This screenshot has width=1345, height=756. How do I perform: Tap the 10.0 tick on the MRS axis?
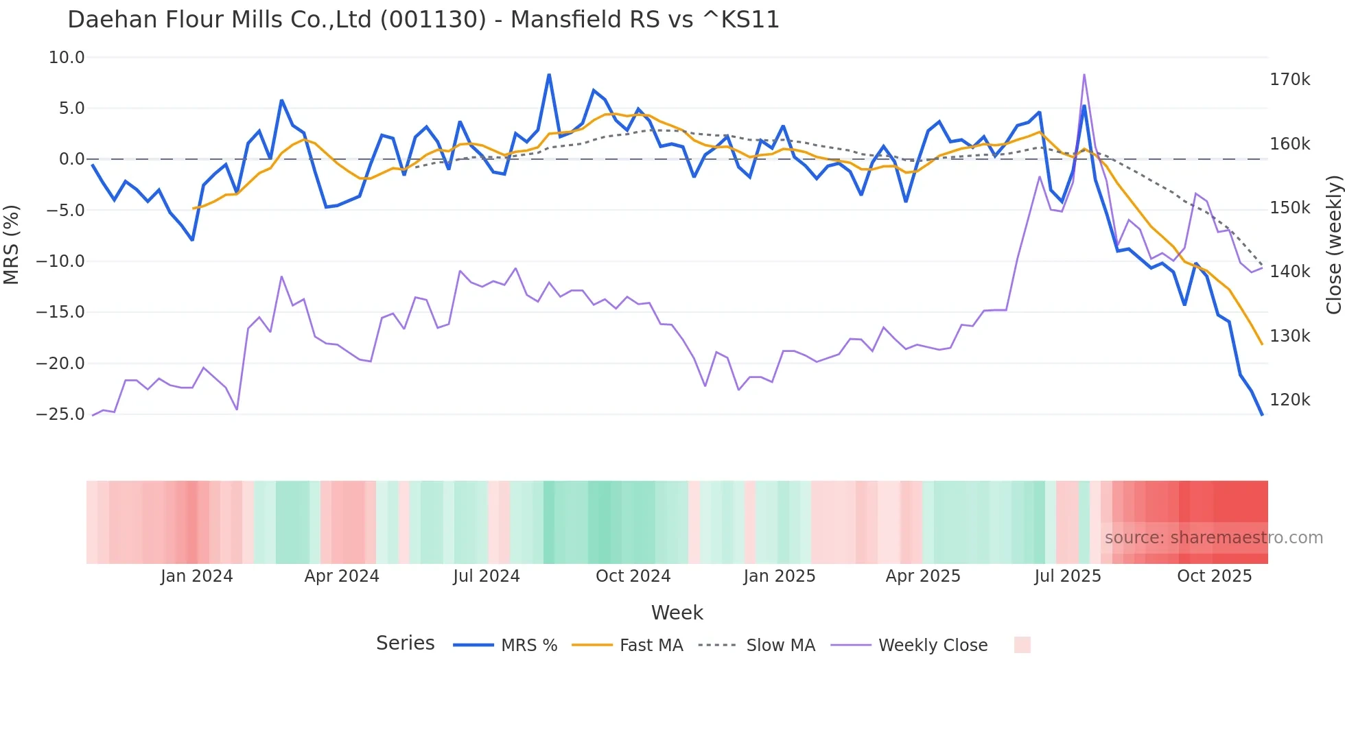coord(67,58)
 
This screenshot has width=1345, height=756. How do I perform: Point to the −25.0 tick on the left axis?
coord(60,414)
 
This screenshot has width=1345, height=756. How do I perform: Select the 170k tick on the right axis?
coord(1289,80)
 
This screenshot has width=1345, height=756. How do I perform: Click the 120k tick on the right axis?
coord(1289,400)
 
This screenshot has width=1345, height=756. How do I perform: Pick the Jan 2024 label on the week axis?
coord(196,576)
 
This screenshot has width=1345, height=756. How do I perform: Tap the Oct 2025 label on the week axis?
coord(1214,576)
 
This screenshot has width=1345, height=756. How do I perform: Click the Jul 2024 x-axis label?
coord(486,576)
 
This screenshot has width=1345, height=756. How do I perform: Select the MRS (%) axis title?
coord(12,244)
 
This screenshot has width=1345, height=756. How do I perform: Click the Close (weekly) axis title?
coord(1333,244)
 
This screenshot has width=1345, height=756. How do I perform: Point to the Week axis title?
coord(677,613)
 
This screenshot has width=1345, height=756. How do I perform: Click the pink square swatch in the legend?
coord(1022,645)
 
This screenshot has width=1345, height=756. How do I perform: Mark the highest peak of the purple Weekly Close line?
coord(1084,75)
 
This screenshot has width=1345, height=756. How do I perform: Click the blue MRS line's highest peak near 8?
coord(549,75)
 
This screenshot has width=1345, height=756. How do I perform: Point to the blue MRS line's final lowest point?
coord(1261,414)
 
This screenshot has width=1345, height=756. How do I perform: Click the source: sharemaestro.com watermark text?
coord(1213,538)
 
